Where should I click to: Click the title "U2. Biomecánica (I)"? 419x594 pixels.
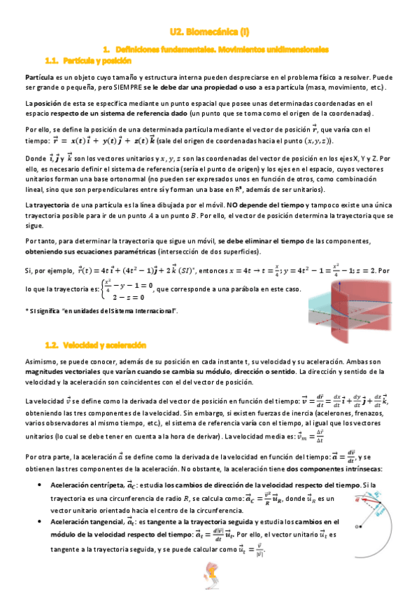209,32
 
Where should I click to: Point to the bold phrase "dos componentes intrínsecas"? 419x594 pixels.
328,467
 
